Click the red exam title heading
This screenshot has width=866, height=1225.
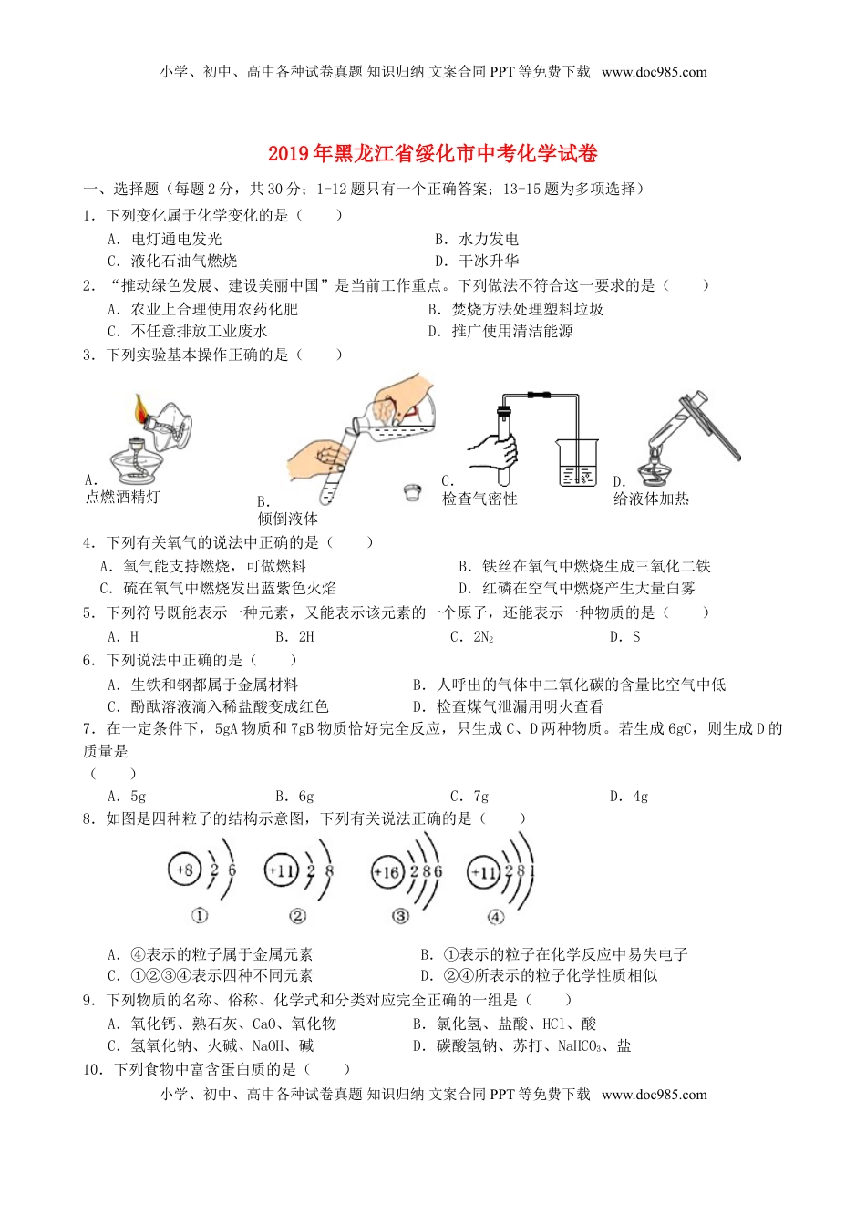coord(433,153)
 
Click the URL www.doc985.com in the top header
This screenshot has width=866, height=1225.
coord(654,72)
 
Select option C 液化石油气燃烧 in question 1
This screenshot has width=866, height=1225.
coord(172,261)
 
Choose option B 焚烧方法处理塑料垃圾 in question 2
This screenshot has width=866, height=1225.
coord(516,309)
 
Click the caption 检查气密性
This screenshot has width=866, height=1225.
coord(479,499)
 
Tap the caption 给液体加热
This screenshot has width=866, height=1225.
coord(651,499)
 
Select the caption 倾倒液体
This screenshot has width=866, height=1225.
coord(288,519)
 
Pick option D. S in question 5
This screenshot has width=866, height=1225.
coord(624,637)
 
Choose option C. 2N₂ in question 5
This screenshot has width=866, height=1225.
coord(471,637)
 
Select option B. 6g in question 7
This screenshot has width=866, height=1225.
coord(294,796)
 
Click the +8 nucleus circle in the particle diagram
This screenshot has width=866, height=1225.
coord(184,870)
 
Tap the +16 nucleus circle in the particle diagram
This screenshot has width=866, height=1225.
coord(387,872)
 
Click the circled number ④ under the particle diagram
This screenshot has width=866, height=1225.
coord(495,916)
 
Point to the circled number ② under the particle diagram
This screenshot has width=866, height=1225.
coord(297,916)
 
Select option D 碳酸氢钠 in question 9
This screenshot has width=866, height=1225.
coord(521,1045)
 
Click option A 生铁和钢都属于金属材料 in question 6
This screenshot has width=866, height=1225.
coord(202,685)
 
